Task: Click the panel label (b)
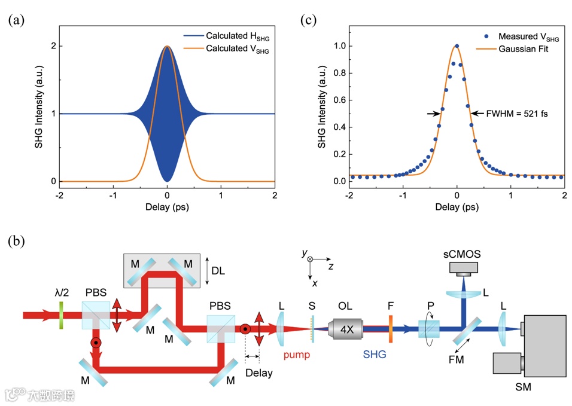click(16, 242)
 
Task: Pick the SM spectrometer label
click(522, 387)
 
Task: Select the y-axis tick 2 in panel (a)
click(53, 47)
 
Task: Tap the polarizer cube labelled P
click(428, 329)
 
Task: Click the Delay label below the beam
click(258, 373)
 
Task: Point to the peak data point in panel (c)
click(457, 46)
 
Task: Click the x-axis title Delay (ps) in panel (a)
click(167, 207)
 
